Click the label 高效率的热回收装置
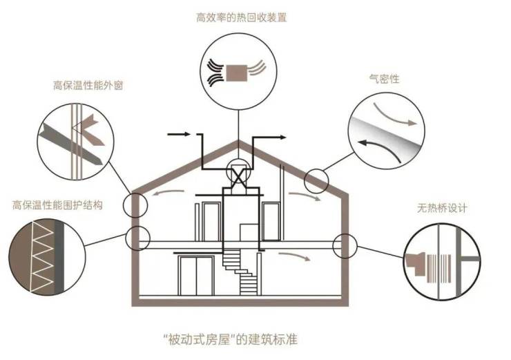point(240,17)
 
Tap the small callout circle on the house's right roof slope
point(317,180)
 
